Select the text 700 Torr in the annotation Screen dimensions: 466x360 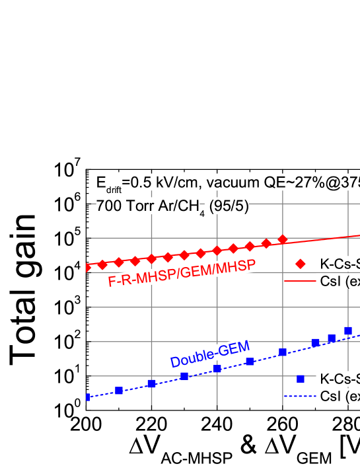pos(120,206)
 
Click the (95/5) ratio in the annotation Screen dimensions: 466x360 pos(229,206)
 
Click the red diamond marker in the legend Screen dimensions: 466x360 pos(301,264)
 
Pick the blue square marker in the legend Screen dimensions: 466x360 pos(301,379)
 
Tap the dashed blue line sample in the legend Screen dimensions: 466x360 pos(301,397)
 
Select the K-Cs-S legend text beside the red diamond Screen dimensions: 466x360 pos(340,264)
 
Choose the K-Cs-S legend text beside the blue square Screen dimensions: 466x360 pos(340,379)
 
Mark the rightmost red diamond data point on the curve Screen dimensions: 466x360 pos(283,239)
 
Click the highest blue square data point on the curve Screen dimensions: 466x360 pos(348,330)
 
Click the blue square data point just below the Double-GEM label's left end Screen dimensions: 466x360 pos(184,376)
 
